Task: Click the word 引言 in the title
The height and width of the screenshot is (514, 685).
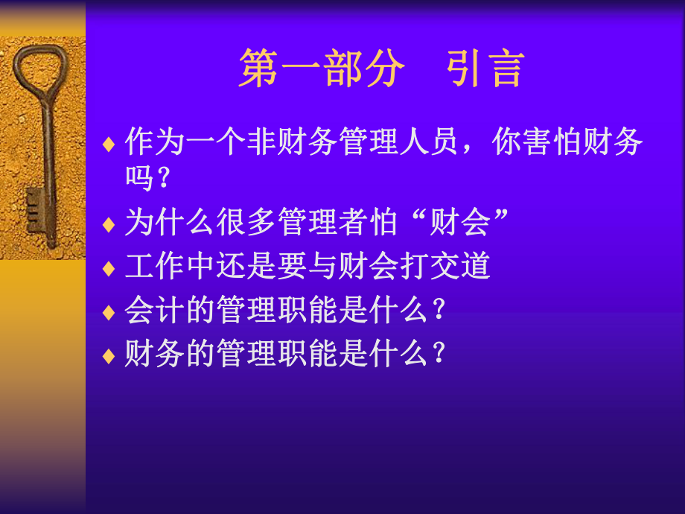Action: pos(485,70)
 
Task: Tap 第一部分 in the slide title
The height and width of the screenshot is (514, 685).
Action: pos(322,70)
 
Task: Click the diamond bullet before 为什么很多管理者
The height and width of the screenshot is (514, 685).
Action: pos(109,223)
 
